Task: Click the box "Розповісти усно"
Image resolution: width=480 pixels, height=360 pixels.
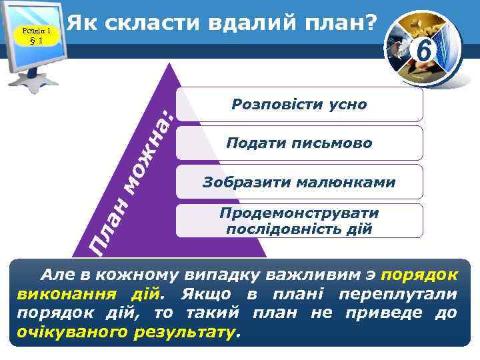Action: tap(299, 105)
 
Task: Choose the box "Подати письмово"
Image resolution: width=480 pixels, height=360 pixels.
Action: tap(299, 143)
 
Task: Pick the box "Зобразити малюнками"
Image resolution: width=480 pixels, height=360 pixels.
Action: tap(299, 182)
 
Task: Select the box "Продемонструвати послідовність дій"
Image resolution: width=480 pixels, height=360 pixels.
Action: tap(299, 221)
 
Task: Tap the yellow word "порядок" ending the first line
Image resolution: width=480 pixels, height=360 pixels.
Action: tap(421, 275)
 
